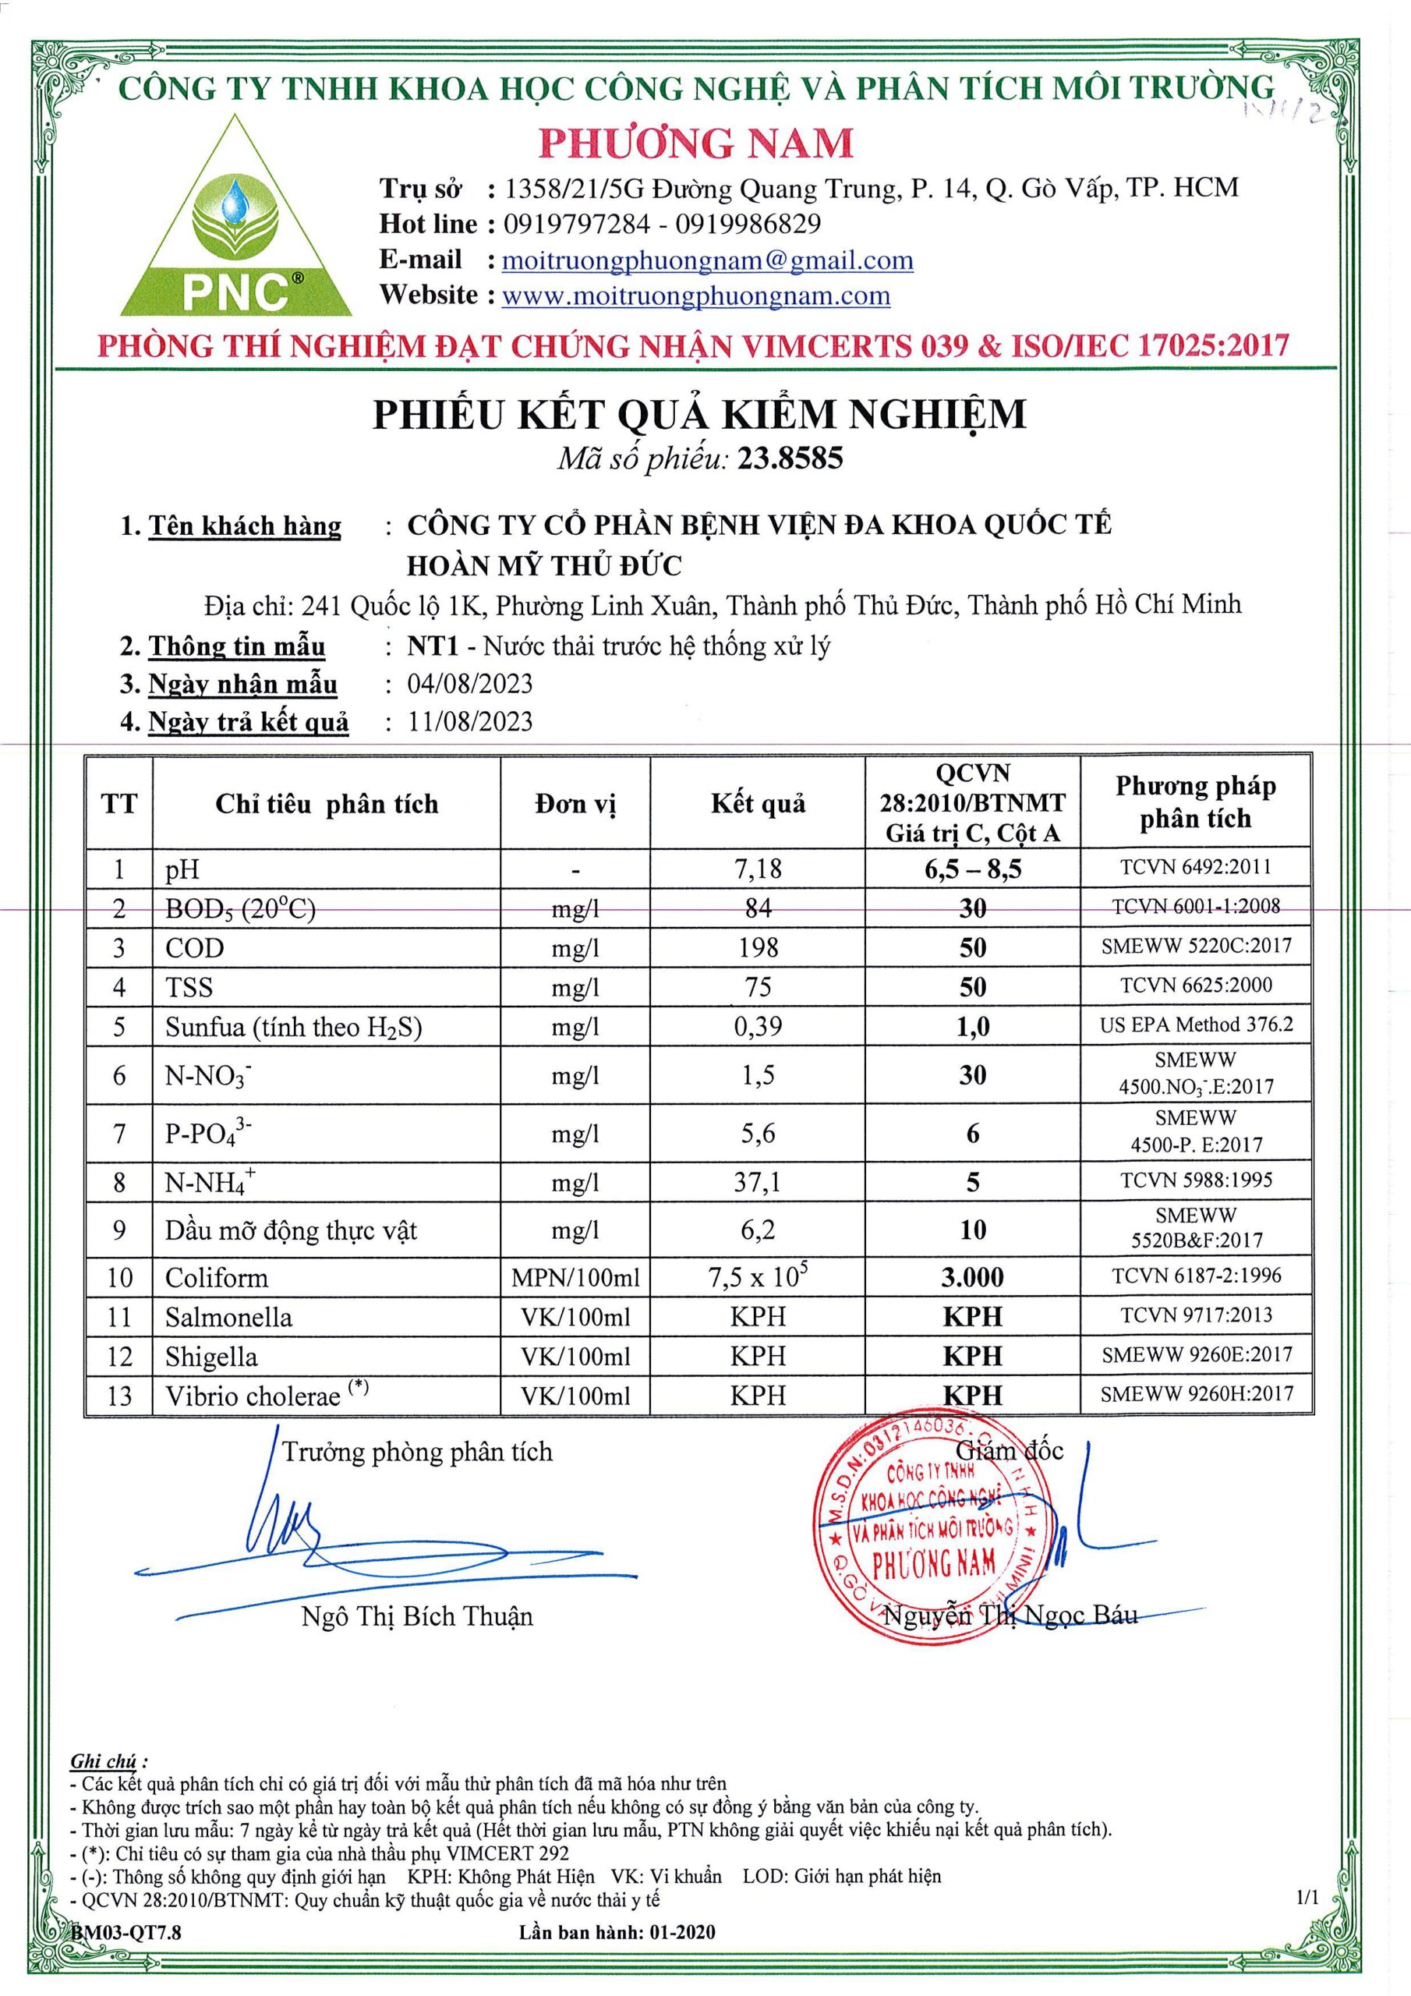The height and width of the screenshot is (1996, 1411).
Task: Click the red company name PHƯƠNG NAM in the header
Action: click(x=695, y=143)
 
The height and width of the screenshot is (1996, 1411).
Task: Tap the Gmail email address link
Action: click(x=708, y=260)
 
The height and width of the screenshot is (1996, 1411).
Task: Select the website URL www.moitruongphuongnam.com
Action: click(x=696, y=296)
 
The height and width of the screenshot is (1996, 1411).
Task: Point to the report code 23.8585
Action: click(x=790, y=458)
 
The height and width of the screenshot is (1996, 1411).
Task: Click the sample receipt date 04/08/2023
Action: click(x=469, y=684)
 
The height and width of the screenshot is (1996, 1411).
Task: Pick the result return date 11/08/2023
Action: click(x=469, y=721)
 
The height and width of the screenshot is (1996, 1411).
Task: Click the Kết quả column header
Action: click(x=757, y=803)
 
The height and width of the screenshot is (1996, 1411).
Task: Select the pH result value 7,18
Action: click(x=757, y=868)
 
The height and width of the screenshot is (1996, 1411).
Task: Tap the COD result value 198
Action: click(x=757, y=947)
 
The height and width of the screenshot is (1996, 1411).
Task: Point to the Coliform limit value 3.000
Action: click(x=972, y=1277)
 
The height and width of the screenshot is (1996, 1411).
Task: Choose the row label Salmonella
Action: click(x=228, y=1317)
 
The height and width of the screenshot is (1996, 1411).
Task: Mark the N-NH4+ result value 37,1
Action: click(x=757, y=1181)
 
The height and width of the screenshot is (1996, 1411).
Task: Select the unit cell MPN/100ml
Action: click(x=575, y=1277)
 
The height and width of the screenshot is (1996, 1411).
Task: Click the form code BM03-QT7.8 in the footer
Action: click(x=127, y=1956)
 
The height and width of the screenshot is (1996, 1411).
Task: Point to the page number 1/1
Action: click(x=1307, y=1921)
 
